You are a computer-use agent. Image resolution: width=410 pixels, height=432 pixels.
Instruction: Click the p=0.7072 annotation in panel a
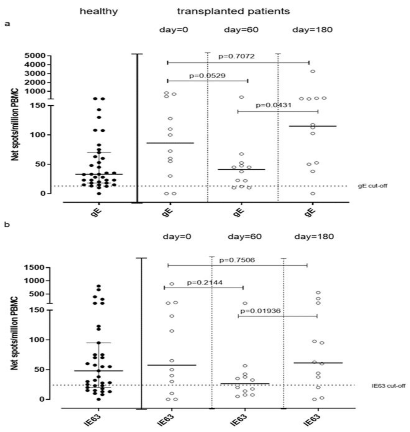(236, 56)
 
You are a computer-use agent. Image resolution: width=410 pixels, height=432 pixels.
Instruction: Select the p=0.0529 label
(207, 76)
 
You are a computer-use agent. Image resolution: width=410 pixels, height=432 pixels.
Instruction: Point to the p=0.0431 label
(273, 105)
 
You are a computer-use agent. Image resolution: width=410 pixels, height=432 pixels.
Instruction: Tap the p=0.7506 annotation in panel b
(237, 260)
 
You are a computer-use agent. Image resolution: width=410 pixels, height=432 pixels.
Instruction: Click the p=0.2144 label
(205, 283)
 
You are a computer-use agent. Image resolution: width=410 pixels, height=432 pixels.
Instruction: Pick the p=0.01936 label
(260, 311)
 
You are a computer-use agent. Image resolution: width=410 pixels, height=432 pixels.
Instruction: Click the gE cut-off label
(372, 186)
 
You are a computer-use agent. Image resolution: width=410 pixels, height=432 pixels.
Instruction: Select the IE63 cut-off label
(388, 386)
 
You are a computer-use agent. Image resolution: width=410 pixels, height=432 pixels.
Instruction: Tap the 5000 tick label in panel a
(35, 56)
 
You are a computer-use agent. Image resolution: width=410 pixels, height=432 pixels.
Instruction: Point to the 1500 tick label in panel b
(34, 267)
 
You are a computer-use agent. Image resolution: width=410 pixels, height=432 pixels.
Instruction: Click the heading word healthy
(99, 11)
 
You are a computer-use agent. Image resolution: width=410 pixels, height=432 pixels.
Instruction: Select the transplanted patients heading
(233, 11)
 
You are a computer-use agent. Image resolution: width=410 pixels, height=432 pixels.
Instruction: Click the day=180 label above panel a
(312, 30)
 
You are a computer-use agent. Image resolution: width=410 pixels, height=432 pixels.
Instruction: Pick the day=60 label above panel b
(245, 237)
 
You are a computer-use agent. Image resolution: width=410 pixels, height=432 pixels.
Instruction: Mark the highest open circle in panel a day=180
(313, 71)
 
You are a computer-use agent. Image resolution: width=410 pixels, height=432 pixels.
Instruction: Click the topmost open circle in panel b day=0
(172, 284)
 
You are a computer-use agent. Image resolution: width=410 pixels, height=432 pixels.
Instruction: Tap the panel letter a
(8, 24)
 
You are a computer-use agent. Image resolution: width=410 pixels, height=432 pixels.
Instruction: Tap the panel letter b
(8, 225)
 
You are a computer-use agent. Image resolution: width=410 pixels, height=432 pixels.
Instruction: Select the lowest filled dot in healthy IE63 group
(99, 399)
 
